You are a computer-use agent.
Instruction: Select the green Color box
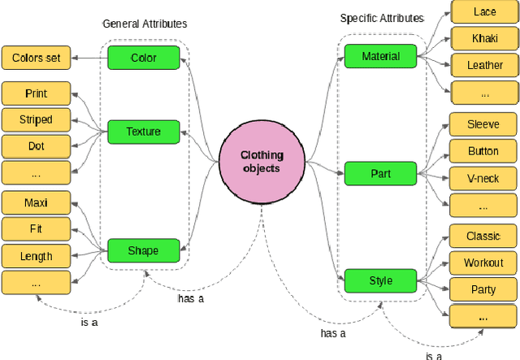point(143,58)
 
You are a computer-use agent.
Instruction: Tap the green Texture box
point(143,131)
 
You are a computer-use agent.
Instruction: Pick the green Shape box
point(143,250)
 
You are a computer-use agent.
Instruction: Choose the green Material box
point(380,56)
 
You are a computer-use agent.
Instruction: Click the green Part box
point(380,173)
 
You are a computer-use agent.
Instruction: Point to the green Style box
point(380,281)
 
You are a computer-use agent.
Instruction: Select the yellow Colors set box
point(37,58)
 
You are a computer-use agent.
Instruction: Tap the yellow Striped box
point(36,120)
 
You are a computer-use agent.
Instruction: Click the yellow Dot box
point(36,146)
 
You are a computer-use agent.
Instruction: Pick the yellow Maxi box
point(36,203)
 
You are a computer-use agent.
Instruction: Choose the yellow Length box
point(36,257)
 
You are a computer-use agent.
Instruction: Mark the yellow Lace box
point(484,12)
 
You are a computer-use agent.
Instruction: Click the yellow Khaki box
point(484,38)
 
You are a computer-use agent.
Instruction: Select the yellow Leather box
point(484,64)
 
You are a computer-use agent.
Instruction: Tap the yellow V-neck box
point(483,178)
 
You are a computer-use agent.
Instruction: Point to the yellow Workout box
point(483,263)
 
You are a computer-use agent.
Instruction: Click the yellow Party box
point(483,289)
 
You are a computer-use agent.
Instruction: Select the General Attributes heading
point(145,24)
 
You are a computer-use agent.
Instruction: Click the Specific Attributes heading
point(382,18)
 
